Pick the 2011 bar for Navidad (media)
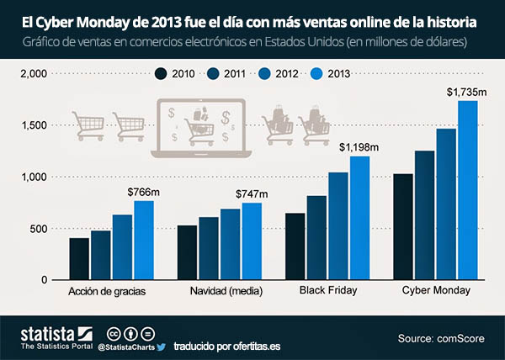[x=209, y=248]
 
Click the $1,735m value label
[x=464, y=89]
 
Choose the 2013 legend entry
[x=332, y=74]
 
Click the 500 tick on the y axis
[x=37, y=228]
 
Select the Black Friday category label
[x=327, y=291]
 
